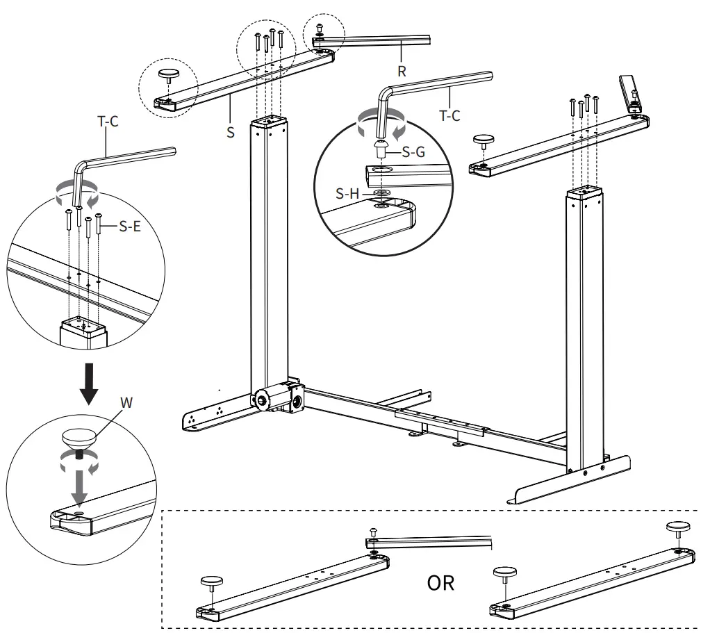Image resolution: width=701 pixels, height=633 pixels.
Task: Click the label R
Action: point(402,70)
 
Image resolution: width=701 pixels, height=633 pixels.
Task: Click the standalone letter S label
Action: point(230,131)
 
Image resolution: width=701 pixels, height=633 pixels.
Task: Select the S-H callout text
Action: point(347,194)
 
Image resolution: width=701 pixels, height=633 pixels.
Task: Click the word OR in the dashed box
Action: point(440,582)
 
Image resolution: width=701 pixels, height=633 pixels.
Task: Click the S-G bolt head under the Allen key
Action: point(381,147)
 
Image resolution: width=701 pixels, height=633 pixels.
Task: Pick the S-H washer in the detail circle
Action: point(380,192)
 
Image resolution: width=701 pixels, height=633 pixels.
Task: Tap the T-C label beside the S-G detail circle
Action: point(450,116)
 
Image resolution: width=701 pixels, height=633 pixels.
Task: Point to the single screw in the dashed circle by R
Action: point(320,28)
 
